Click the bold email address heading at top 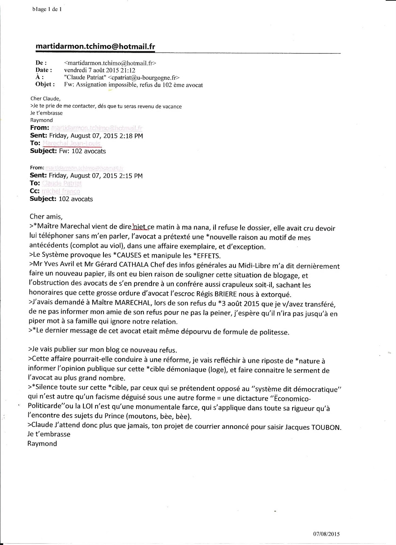click(x=96, y=47)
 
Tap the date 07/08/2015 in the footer click(x=326, y=533)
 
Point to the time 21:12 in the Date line click(x=129, y=70)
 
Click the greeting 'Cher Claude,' click(x=45, y=99)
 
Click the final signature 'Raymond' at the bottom click(x=42, y=443)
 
